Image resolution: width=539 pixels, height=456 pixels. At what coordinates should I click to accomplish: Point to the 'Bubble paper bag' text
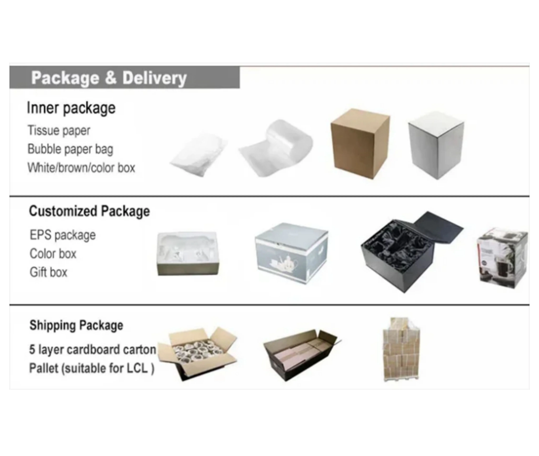coord(70,149)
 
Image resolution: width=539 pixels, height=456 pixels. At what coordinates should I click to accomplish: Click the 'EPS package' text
coord(63,235)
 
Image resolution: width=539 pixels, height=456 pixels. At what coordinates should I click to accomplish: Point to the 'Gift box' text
coord(48,272)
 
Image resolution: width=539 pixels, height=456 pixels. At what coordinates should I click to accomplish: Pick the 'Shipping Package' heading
coord(76,325)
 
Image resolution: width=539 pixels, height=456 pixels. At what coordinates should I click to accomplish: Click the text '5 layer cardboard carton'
coord(92,350)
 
